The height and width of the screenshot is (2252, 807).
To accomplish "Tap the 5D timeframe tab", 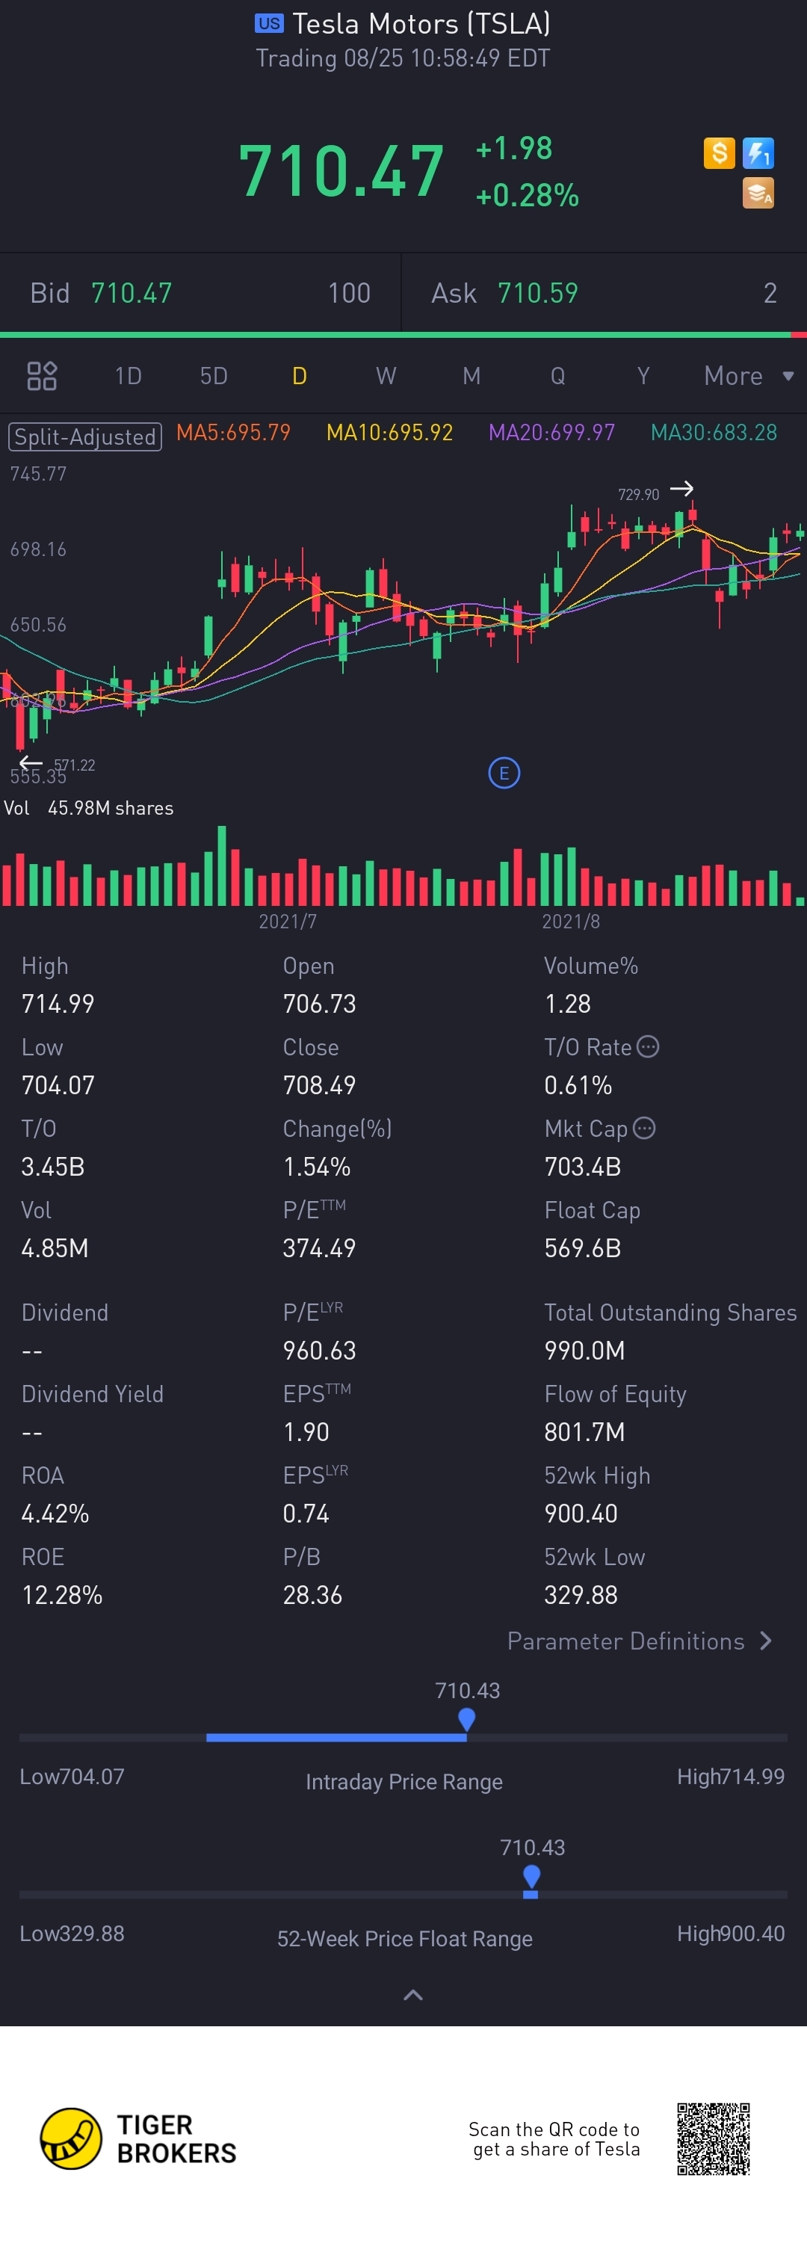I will (x=214, y=376).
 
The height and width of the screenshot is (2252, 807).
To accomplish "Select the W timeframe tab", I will (x=386, y=376).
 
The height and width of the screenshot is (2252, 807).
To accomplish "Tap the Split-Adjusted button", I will (x=84, y=436).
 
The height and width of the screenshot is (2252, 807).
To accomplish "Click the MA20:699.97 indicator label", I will (x=551, y=433).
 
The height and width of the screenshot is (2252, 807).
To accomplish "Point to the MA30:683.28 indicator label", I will (x=714, y=433).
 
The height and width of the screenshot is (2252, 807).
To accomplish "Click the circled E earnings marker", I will (x=504, y=773).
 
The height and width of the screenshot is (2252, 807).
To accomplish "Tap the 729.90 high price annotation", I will (x=638, y=495).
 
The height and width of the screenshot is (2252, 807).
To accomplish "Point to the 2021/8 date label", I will (x=570, y=922).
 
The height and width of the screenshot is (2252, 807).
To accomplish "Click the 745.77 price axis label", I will (x=38, y=474).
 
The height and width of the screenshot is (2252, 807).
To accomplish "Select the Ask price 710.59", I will (x=538, y=293).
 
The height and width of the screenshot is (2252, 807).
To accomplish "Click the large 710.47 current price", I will (x=341, y=170).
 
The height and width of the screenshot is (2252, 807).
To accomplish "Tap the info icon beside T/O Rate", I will (x=648, y=1046).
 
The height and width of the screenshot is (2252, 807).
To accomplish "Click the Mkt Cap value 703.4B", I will (x=582, y=1166).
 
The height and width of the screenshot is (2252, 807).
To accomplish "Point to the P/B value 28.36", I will (x=312, y=1594).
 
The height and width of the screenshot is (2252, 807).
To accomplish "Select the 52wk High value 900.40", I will (x=581, y=1514).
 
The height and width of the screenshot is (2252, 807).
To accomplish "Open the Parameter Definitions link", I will (x=639, y=1641).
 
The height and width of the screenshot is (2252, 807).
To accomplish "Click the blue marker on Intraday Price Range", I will (x=467, y=1719).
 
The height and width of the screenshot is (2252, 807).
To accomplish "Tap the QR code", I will (x=714, y=2138).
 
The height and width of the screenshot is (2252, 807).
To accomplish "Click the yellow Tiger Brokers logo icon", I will (x=71, y=2138).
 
